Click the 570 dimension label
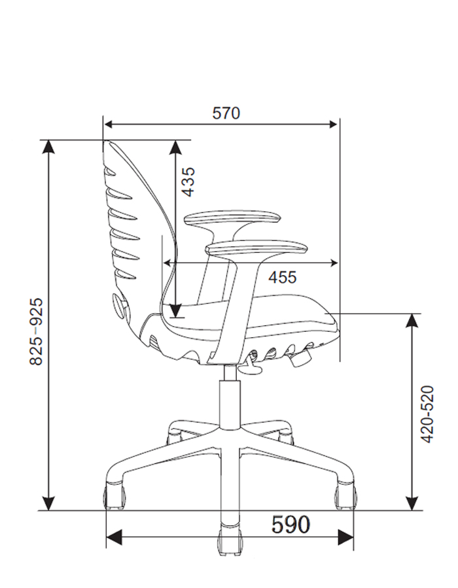(226, 113)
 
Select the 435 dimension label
(188, 182)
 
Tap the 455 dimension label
(283, 277)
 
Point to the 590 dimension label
(291, 524)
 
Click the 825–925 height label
(37, 331)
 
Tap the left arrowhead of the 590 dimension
(114, 538)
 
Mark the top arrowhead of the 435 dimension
(175, 148)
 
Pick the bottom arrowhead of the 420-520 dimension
(412, 503)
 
